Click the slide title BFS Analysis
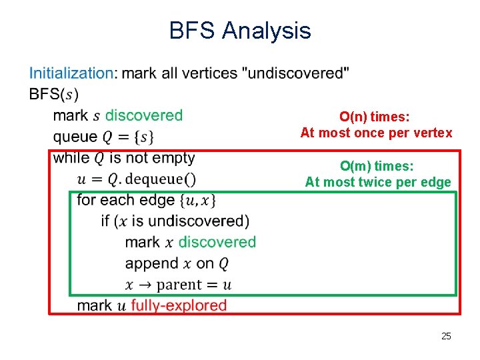point(240,31)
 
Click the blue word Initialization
point(71,73)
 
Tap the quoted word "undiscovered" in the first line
point(298,73)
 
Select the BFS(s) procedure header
point(54,94)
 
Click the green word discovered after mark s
point(143,115)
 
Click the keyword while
point(71,158)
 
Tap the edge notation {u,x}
point(197,200)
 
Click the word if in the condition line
point(105,221)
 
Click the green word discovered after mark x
point(217,242)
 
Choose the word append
point(151,263)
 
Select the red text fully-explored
point(179,306)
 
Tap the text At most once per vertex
point(376,133)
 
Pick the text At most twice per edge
point(378,182)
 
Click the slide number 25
point(446,336)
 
